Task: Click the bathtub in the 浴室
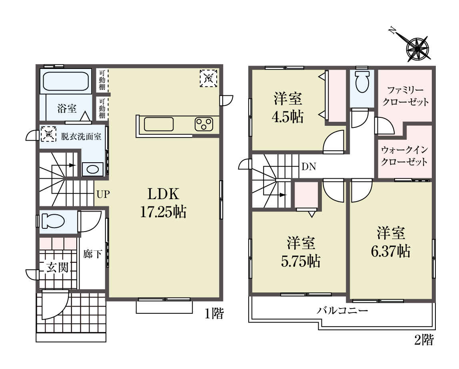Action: [66, 81]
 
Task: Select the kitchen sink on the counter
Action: [159, 124]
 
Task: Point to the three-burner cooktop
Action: [204, 124]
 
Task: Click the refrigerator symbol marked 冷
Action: [208, 78]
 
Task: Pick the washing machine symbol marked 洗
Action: [48, 134]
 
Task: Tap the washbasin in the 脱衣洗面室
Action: [93, 169]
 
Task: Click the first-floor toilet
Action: [53, 221]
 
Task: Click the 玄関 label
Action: [58, 267]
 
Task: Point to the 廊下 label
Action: [92, 254]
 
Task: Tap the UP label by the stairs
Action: [103, 194]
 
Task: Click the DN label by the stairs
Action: [309, 167]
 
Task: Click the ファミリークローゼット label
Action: [405, 96]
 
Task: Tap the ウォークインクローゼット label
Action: [404, 156]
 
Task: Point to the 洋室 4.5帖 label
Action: [288, 108]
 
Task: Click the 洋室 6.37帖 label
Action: [391, 242]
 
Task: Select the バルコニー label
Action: [342, 311]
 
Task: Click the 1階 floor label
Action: [214, 314]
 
